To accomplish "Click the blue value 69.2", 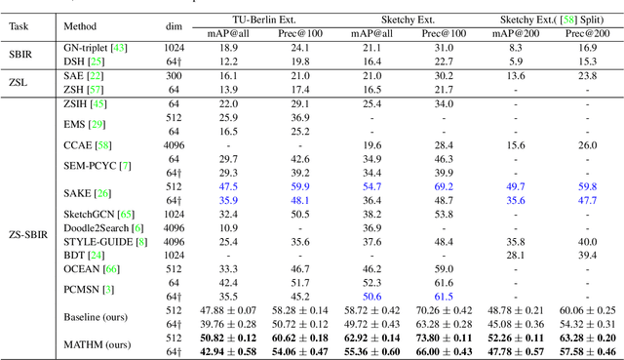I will coord(444,185).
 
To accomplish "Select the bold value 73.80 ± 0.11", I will coord(444,338).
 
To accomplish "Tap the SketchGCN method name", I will coord(91,213).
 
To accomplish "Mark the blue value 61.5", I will coord(444,296).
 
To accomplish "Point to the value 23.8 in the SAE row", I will coord(587,74).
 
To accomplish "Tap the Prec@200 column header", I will coord(587,32).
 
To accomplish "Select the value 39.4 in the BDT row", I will coord(587,255).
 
